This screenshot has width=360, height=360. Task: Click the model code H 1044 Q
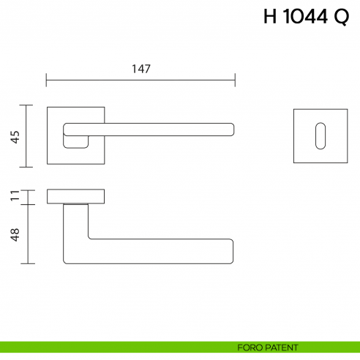306,18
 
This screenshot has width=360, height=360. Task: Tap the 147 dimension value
141,69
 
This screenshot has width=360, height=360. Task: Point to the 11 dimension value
15,196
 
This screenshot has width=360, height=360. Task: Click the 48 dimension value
15,234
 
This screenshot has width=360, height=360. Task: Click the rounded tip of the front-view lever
231,130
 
